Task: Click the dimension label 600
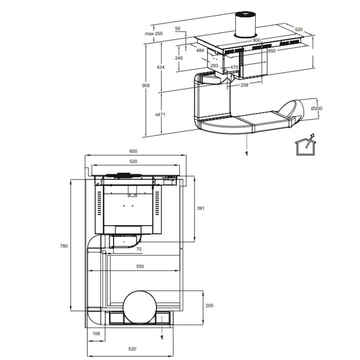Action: tap(133, 151)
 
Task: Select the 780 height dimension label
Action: tap(64, 246)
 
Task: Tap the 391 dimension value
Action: tap(201, 208)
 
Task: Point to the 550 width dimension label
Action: tap(140, 266)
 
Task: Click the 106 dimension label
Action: tap(96, 334)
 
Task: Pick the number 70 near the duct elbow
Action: tap(139, 249)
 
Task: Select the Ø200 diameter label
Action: tap(316, 108)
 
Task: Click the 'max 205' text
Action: tap(154, 33)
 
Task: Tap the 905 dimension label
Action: tap(146, 85)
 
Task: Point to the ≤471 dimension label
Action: tap(160, 114)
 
